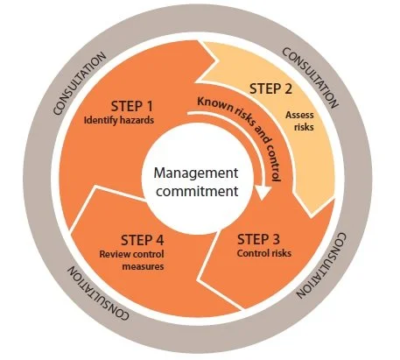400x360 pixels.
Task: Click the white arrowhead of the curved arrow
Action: pyautogui.click(x=261, y=192)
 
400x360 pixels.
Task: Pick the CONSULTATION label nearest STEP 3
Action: pyautogui.click(x=338, y=263)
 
